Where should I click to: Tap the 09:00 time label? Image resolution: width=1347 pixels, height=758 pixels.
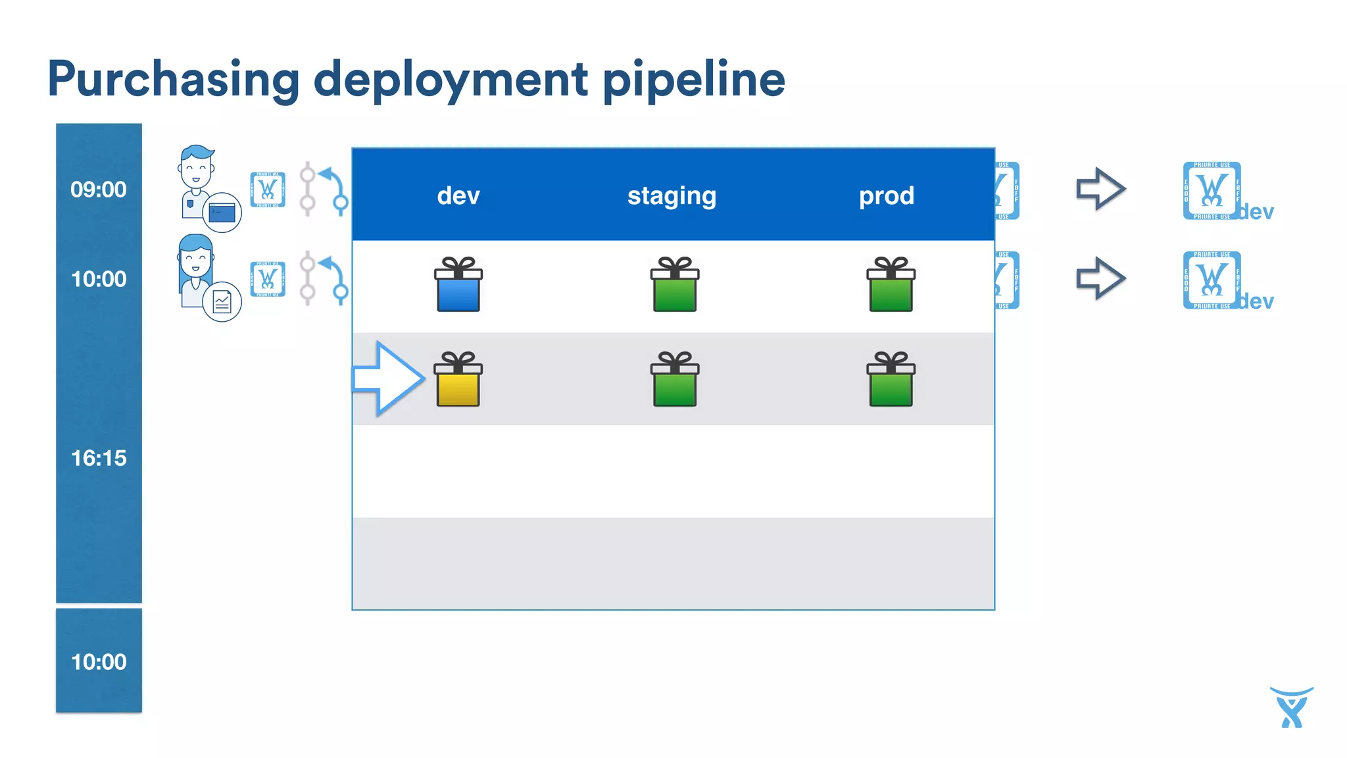[99, 189]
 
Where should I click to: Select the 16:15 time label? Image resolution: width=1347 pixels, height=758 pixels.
[99, 458]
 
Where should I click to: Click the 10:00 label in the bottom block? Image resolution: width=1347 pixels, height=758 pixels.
[99, 662]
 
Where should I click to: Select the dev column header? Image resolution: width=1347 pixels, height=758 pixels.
[458, 195]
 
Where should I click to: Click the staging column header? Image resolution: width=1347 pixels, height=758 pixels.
[672, 195]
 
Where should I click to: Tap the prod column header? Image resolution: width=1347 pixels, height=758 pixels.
[887, 195]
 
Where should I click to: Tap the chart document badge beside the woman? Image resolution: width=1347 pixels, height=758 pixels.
[222, 302]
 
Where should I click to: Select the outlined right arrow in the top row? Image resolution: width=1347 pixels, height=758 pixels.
[1100, 189]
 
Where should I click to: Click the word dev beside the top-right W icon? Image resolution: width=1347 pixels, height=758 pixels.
[1257, 212]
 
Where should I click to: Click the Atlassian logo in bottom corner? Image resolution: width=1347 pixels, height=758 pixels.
[1291, 707]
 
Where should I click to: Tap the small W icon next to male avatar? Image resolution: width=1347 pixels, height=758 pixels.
[268, 189]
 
